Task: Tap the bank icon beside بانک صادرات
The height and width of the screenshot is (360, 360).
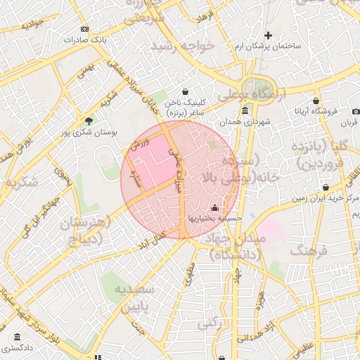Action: [x=84, y=29]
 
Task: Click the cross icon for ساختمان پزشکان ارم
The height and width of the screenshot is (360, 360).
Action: [x=267, y=35]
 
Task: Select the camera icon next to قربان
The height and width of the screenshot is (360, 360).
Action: [x=356, y=112]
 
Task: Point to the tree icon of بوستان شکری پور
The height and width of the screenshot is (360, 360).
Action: [x=87, y=120]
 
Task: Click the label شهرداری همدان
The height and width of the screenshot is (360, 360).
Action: [x=245, y=122]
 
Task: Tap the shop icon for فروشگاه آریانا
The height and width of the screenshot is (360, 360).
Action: [x=316, y=101]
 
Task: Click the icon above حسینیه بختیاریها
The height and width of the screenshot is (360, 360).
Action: [x=214, y=207]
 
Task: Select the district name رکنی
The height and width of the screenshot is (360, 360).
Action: [x=207, y=324]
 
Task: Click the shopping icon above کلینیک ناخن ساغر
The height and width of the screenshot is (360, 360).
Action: [x=185, y=91]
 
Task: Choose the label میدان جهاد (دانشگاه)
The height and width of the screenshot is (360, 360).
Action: [x=234, y=247]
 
